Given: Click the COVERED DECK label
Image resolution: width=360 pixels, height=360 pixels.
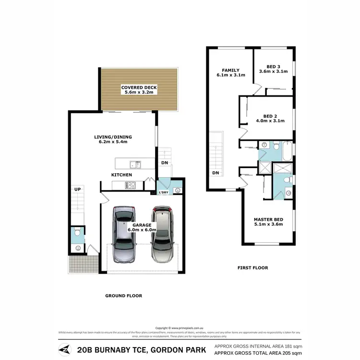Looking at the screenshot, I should click(139, 88).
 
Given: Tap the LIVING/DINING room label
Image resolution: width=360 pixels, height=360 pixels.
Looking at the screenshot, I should click(113, 137).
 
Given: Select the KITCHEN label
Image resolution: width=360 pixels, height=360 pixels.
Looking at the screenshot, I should click(121, 175).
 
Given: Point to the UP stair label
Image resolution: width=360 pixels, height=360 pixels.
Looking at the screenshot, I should click(77, 190).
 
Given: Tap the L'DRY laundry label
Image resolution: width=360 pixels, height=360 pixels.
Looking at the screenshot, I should click(163, 193).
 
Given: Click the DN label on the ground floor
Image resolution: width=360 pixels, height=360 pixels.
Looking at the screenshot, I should click(165, 162).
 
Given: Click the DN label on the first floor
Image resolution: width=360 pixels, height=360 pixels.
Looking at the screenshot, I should click(216, 173).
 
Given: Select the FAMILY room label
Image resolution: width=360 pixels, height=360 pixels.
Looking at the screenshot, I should click(231, 71).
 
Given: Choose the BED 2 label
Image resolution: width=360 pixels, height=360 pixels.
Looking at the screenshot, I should click(271, 116).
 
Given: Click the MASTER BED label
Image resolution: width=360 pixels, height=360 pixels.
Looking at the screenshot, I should click(268, 220).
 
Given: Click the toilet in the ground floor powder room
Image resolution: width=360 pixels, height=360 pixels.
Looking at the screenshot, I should click(77, 236).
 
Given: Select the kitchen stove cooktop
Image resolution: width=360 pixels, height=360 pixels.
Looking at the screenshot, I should click(131, 185).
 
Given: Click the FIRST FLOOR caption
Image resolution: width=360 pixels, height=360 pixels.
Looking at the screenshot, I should click(252, 268).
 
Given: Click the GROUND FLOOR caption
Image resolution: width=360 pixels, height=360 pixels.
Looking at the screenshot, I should click(124, 296).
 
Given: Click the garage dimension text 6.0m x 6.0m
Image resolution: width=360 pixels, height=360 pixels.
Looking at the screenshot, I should click(139, 230).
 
